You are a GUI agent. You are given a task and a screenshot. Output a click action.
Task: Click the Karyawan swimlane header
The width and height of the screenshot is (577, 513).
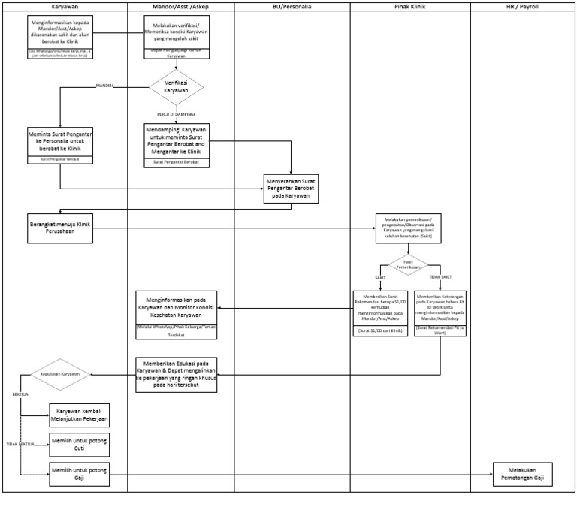64,6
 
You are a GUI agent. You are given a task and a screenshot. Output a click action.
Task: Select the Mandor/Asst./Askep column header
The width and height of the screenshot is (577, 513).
180,6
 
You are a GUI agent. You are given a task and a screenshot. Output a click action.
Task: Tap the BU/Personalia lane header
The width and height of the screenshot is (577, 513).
292,6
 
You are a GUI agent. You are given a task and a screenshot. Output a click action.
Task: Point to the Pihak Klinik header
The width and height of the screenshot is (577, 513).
410,6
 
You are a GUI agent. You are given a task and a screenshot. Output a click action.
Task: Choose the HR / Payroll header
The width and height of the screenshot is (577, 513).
523,6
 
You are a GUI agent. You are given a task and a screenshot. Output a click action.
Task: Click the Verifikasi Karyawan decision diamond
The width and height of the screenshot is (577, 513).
176,86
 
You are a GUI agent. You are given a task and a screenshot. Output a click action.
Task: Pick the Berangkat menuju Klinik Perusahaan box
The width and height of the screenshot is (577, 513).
60,228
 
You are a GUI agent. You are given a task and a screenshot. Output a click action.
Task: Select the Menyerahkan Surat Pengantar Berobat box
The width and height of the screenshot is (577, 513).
291,188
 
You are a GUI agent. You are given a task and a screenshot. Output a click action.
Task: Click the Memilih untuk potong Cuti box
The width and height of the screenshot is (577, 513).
79,445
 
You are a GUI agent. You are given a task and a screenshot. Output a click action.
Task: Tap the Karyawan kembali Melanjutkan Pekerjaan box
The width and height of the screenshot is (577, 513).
79,415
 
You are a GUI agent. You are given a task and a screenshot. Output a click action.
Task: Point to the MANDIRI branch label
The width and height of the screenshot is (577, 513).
104,86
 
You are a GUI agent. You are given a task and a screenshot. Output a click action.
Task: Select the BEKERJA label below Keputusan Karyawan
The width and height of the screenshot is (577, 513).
20,392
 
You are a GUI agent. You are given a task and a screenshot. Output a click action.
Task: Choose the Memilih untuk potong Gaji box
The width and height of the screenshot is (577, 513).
79,474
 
